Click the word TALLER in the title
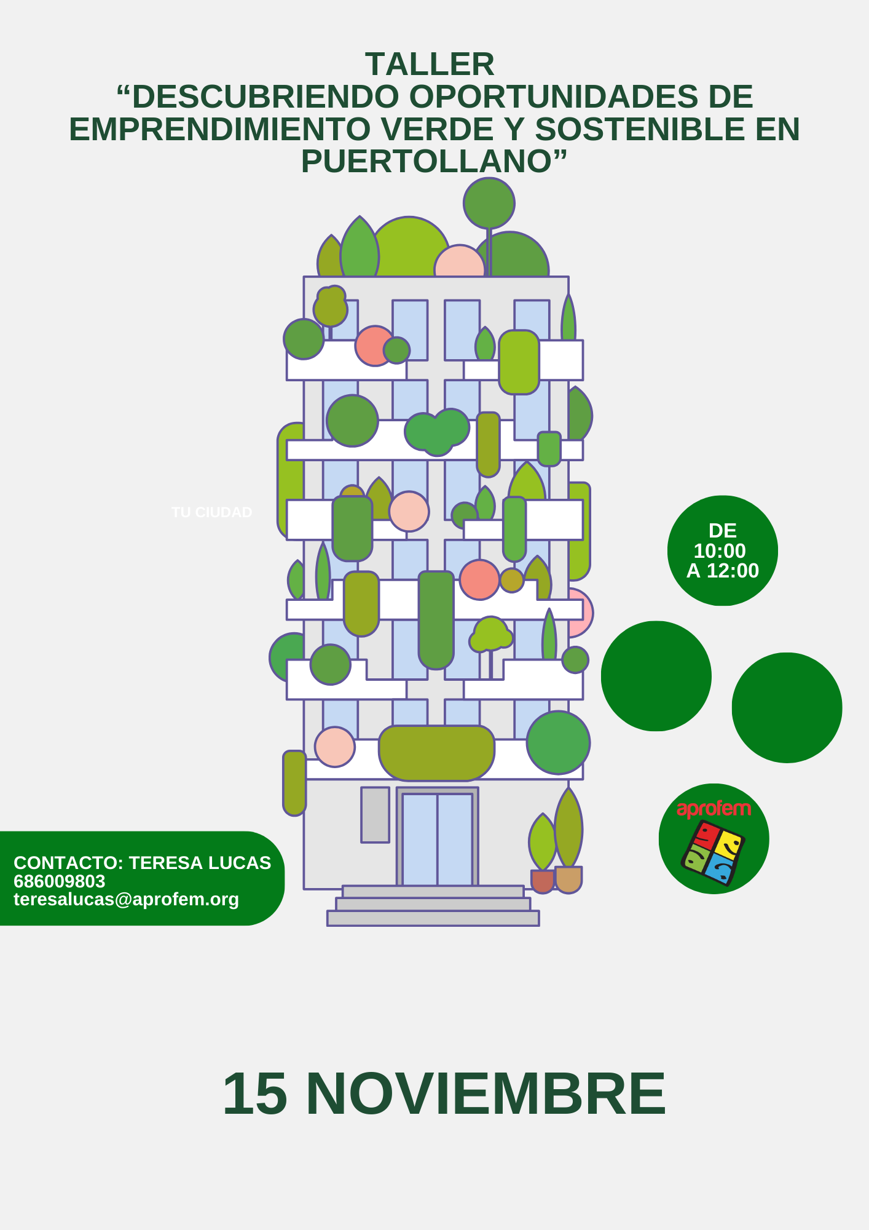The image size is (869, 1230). pyautogui.click(x=430, y=64)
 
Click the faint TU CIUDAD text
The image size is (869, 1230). pyautogui.click(x=212, y=512)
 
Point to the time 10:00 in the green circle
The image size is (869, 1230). pyautogui.click(x=720, y=550)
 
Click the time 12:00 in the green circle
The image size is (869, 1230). pyautogui.click(x=733, y=571)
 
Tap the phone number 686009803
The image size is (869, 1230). pyautogui.click(x=60, y=881)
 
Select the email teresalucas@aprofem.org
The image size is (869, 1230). pyautogui.click(x=126, y=899)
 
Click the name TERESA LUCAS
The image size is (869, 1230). pyautogui.click(x=200, y=863)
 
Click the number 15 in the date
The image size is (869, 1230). pyautogui.click(x=255, y=1093)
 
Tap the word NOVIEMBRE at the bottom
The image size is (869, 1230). pyautogui.click(x=486, y=1093)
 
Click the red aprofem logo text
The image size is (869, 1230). pyautogui.click(x=714, y=809)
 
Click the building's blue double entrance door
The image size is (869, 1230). pyautogui.click(x=438, y=839)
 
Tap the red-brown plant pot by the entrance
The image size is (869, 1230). pyautogui.click(x=543, y=881)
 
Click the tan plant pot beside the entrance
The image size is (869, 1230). pyautogui.click(x=568, y=879)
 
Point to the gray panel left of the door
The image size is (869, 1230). pyautogui.click(x=375, y=815)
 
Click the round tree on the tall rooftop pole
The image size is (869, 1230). pyautogui.click(x=489, y=203)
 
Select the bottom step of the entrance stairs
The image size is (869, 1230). pyautogui.click(x=433, y=918)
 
